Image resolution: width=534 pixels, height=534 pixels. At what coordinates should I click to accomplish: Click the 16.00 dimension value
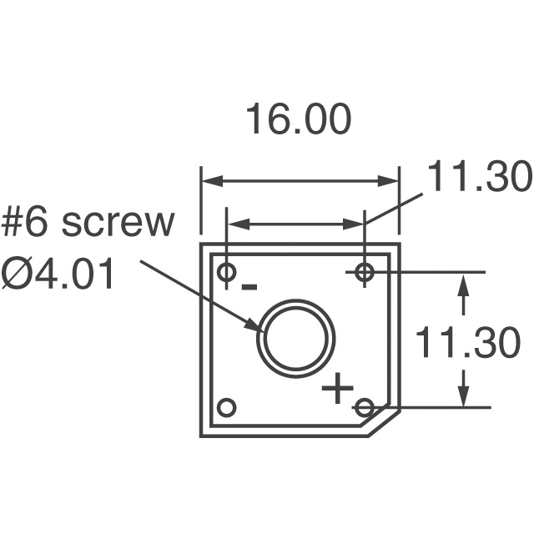click(x=298, y=120)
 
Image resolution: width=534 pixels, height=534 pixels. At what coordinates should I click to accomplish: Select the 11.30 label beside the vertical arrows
click(x=468, y=342)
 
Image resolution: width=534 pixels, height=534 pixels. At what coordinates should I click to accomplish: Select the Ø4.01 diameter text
click(x=58, y=275)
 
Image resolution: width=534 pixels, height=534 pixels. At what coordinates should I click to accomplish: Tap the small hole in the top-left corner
click(x=226, y=272)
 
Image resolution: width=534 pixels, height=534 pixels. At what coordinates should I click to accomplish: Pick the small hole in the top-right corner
click(x=364, y=272)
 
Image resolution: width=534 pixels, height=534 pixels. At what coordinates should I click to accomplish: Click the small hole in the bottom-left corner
click(x=226, y=407)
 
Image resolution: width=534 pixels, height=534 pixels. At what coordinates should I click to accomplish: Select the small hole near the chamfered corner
click(x=364, y=407)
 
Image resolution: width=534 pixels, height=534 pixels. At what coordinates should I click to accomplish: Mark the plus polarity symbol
click(x=338, y=388)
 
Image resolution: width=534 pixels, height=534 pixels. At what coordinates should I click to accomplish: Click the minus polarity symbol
click(x=249, y=288)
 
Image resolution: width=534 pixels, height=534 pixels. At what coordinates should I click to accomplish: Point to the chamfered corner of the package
click(x=384, y=422)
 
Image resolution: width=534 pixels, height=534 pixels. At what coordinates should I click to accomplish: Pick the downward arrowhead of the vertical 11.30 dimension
click(x=464, y=398)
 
